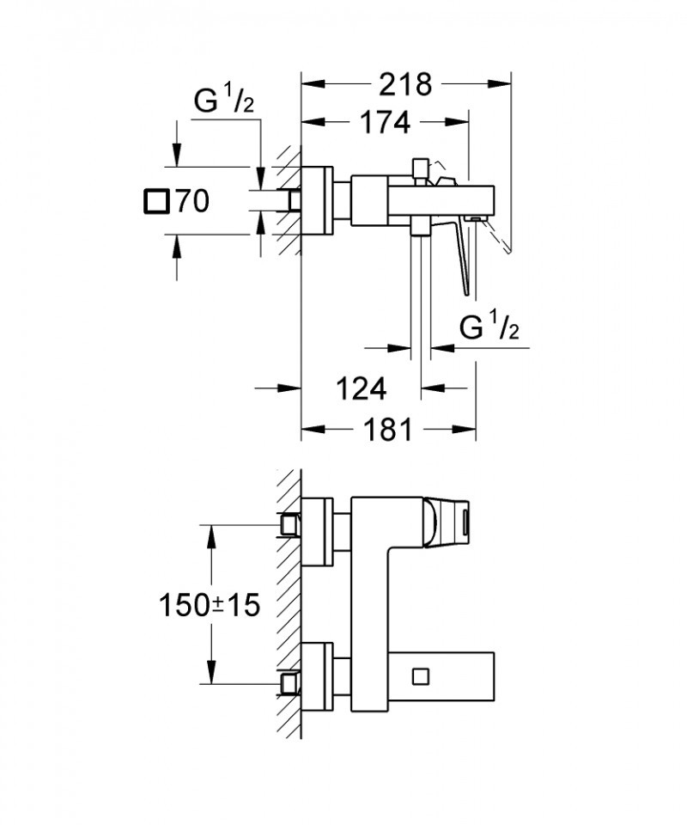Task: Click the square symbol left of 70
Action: pos(155,202)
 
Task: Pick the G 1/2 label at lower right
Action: pos(489,328)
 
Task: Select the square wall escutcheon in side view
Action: pos(317,200)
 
